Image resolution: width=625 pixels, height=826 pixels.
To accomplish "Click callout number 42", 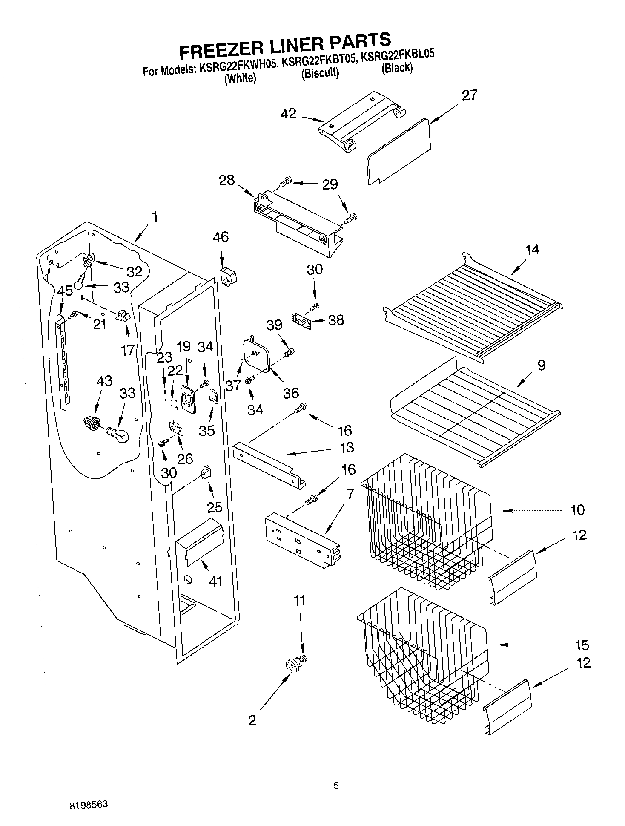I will [289, 114].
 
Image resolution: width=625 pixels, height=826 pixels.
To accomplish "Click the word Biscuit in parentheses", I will [320, 73].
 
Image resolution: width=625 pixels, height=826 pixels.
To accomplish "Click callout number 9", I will [541, 365].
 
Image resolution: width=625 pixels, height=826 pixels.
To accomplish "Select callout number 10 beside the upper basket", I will [577, 509].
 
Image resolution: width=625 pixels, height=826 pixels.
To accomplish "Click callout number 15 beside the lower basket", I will [582, 645].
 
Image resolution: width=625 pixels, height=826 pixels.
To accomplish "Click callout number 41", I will [216, 581].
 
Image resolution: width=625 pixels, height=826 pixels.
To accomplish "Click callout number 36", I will [291, 392].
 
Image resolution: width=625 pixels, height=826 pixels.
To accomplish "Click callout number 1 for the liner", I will [155, 217].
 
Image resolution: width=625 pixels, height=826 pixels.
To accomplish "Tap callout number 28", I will [226, 180].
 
